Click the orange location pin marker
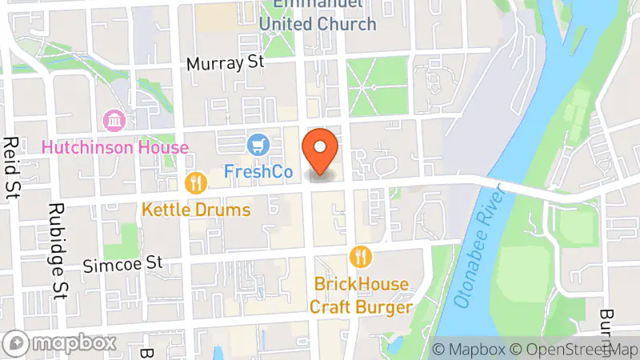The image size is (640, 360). pos(321,151)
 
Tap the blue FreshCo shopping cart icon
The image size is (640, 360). pos(258,145)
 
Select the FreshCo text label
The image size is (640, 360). pos(258,171)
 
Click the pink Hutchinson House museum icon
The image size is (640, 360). pos(114,122)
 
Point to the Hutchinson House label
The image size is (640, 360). pos(114,147)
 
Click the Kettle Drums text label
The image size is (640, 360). pos(196,210)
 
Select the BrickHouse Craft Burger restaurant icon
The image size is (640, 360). pos(362,257)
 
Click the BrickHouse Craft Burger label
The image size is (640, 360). pos(362,295)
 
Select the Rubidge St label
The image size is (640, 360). pos(55,240)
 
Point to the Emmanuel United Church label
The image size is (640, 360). pos(318,16)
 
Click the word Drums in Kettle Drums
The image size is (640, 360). pos(223,210)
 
